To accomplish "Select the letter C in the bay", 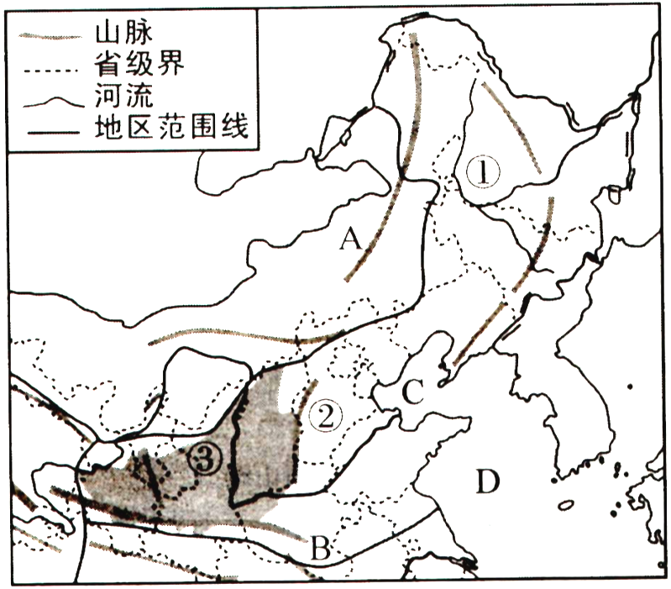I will pyautogui.click(x=411, y=393).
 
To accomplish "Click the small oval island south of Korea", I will pyautogui.click(x=565, y=505).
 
